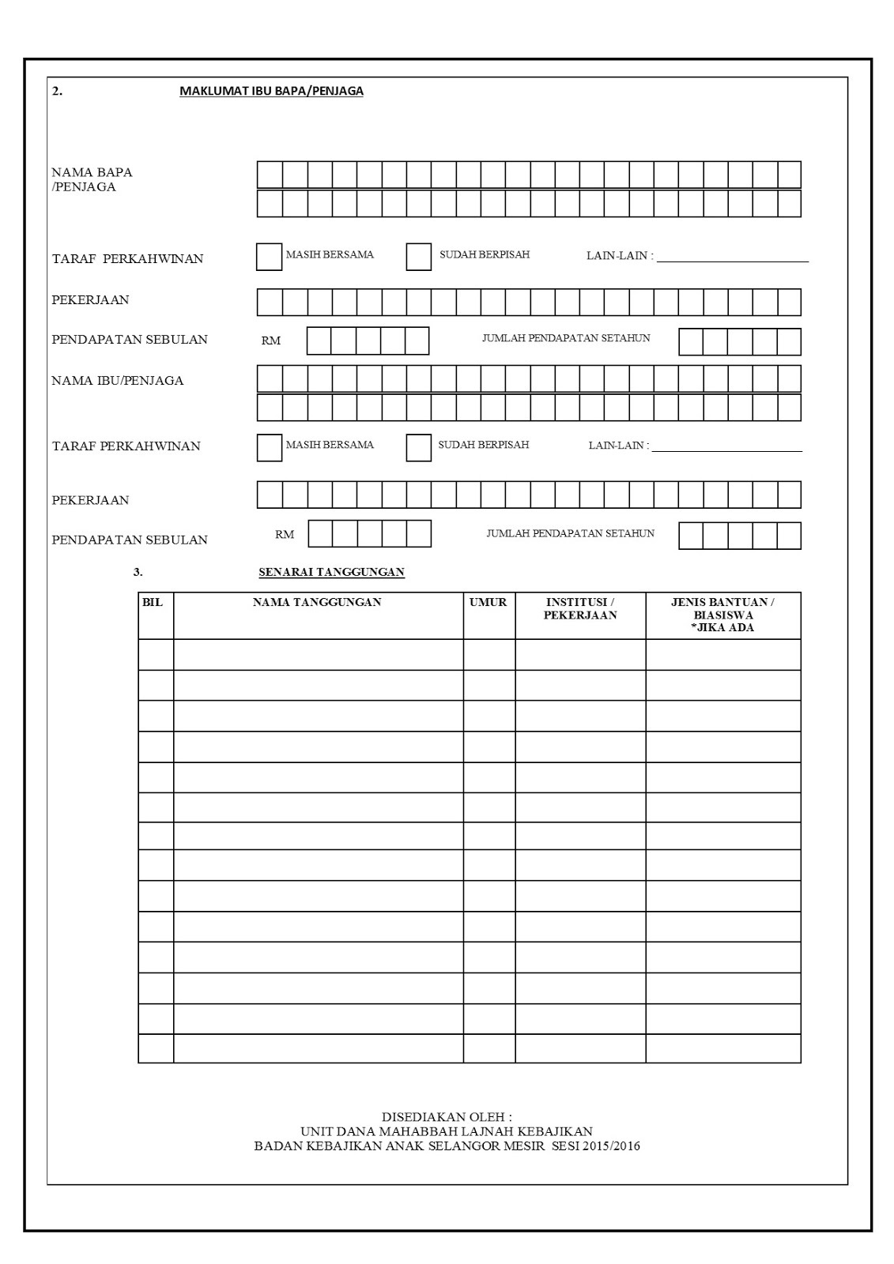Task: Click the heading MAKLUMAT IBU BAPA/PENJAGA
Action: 271,91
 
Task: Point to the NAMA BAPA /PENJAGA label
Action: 92,179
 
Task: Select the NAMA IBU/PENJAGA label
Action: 117,381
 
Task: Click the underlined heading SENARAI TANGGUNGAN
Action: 331,573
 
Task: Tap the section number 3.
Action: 138,573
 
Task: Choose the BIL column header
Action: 153,603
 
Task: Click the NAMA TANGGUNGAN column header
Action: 317,603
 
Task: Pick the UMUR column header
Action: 488,603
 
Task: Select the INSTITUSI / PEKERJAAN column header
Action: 580,608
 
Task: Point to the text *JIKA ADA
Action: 722,628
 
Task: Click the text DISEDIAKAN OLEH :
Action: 447,1118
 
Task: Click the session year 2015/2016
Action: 609,1146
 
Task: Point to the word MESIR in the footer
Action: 524,1146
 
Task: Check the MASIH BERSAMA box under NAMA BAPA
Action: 270,258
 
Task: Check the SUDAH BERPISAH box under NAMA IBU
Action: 419,448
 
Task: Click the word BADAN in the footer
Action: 275,1146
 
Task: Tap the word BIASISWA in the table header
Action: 722,615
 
